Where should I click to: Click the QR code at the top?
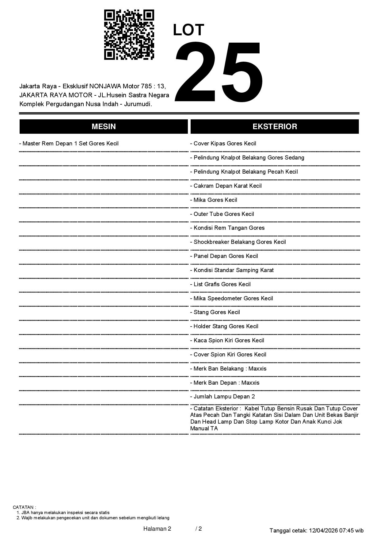[x=129, y=35]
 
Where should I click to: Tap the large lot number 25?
[x=218, y=72]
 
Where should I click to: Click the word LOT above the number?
[x=188, y=30]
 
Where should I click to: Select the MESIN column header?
[x=104, y=127]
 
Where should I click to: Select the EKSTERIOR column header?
[x=275, y=127]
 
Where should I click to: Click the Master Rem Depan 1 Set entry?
[x=69, y=144]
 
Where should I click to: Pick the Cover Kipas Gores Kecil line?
[x=223, y=144]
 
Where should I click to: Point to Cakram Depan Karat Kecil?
[x=226, y=186]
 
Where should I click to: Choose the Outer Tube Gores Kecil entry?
[x=222, y=214]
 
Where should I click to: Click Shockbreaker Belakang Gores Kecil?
[x=238, y=242]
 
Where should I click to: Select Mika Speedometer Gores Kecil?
[x=232, y=298]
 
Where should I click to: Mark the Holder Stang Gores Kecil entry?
[x=224, y=326]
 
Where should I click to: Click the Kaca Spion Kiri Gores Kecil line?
[x=227, y=340]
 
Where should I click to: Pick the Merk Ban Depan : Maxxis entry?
[x=225, y=383]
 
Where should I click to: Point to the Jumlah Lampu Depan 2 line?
[x=222, y=397]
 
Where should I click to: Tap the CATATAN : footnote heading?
[x=25, y=507]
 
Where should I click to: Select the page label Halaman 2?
[x=157, y=528]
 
